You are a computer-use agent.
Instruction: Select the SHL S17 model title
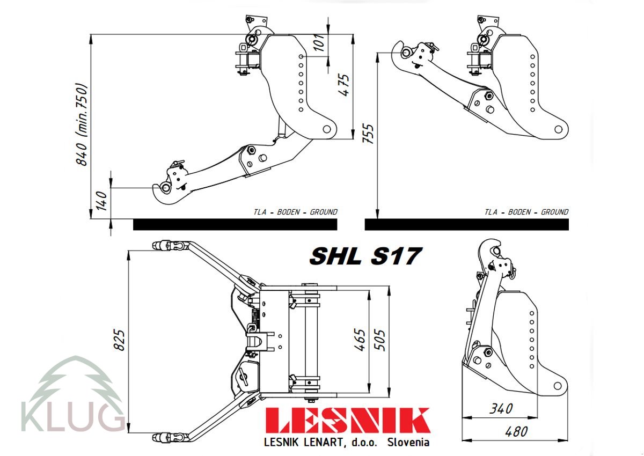364,256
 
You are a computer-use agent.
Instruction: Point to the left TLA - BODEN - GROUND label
295,212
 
